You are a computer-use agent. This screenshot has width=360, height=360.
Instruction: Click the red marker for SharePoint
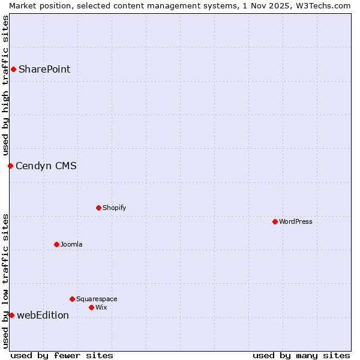[x=13, y=69]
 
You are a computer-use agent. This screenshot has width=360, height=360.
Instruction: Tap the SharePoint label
[x=44, y=69]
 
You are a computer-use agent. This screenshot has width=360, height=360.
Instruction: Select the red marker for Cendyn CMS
[x=10, y=166]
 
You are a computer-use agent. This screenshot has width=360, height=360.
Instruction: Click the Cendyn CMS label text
[x=46, y=166]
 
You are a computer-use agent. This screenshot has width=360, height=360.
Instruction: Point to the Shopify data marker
[x=98, y=208]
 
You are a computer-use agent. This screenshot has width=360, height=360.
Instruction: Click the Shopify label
[x=114, y=208]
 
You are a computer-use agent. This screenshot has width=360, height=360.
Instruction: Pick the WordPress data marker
[x=275, y=221]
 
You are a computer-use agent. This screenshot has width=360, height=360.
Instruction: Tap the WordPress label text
[x=295, y=221]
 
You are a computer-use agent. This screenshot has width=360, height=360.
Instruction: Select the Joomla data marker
[x=56, y=244]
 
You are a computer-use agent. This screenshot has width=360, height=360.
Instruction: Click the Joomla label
[x=71, y=244]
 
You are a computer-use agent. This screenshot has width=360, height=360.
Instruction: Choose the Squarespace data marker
[x=72, y=299]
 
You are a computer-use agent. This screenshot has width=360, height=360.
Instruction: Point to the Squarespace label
[x=97, y=299]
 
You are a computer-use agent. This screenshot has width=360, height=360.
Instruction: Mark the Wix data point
[x=91, y=307]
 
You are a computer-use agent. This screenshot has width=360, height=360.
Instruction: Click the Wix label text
[x=101, y=307]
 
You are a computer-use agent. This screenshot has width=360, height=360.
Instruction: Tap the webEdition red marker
[x=11, y=315]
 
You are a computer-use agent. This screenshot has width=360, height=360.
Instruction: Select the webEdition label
[x=43, y=315]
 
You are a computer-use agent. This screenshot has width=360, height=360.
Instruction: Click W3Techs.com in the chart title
[x=323, y=5]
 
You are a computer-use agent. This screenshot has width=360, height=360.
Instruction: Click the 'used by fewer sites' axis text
[x=62, y=355]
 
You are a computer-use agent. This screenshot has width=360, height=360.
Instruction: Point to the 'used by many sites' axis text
[x=301, y=355]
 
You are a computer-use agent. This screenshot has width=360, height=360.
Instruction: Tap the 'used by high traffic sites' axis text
[x=5, y=84]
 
